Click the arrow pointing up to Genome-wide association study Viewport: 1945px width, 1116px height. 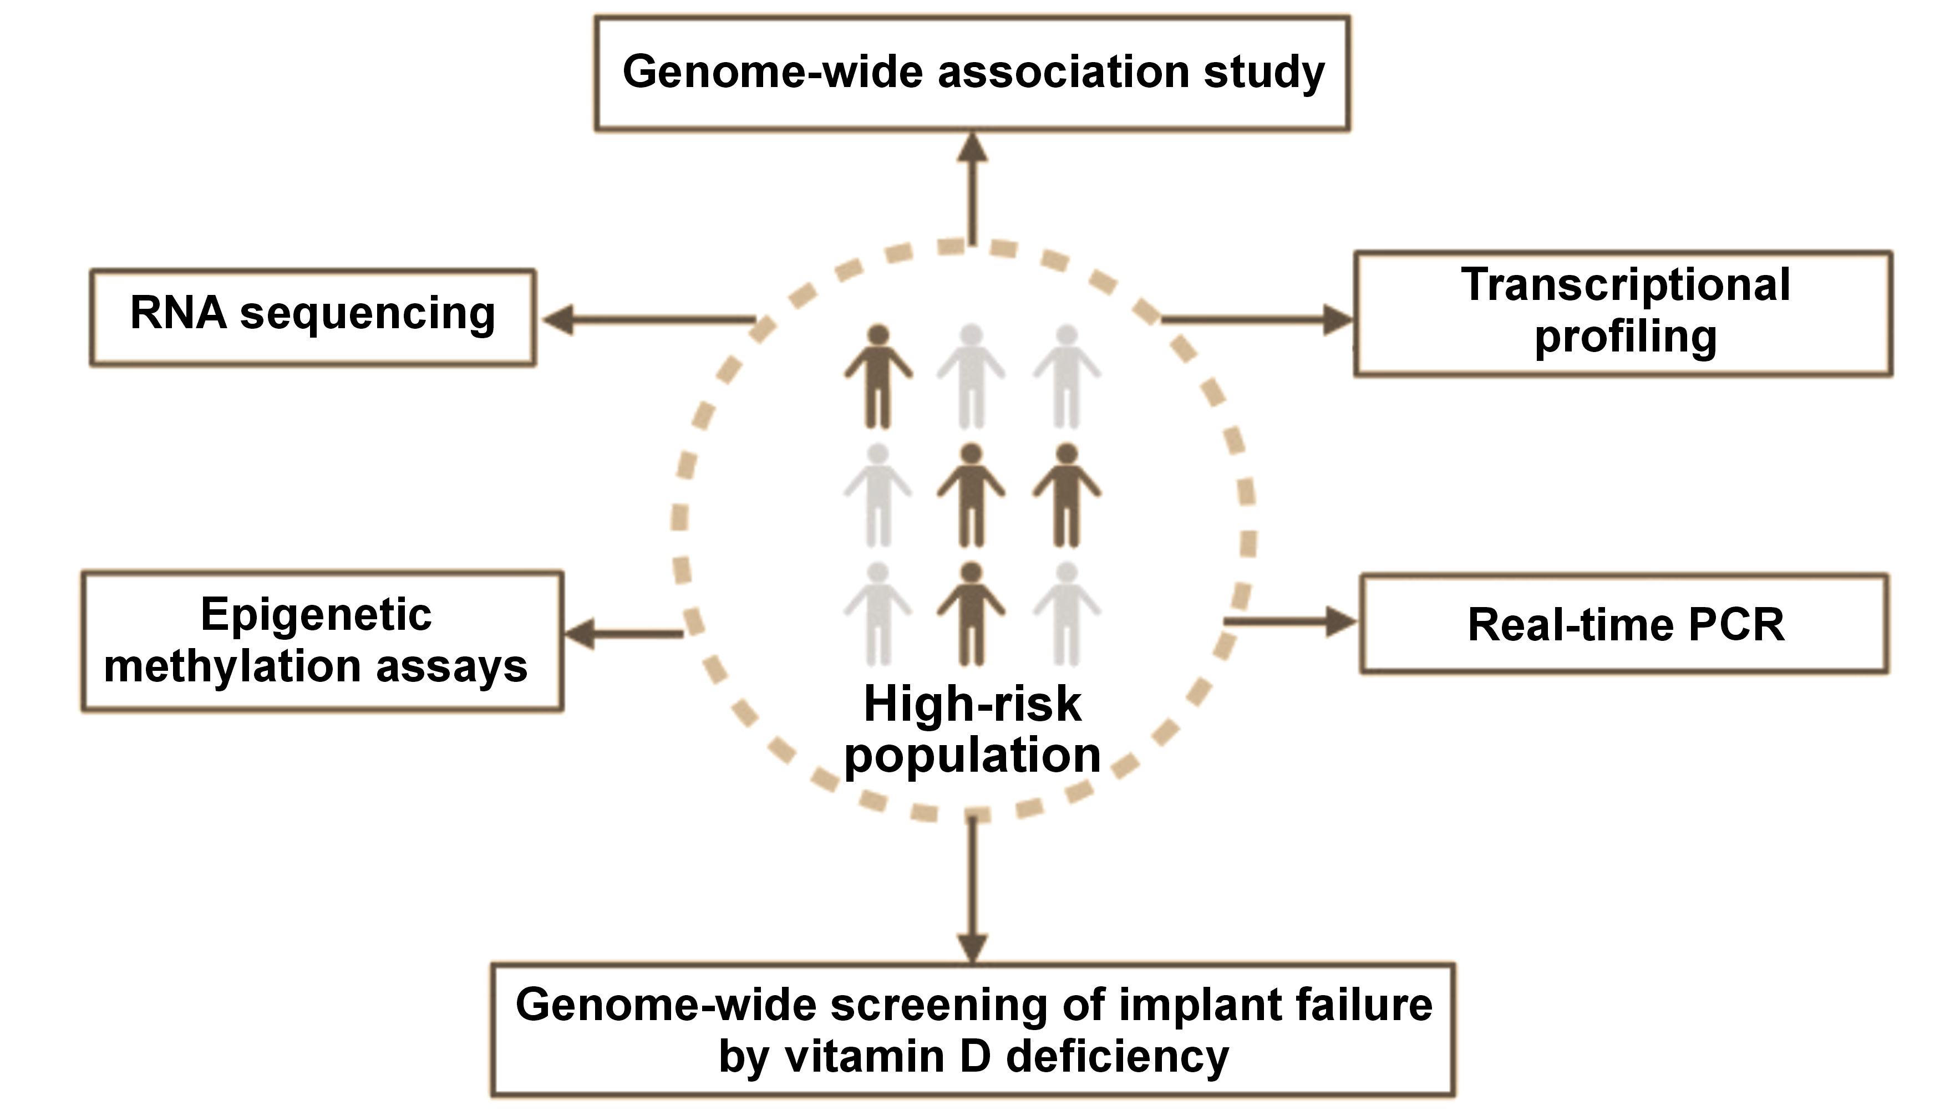click(972, 188)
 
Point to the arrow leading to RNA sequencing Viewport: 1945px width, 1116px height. click(648, 320)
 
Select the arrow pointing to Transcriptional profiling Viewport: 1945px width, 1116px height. click(1257, 320)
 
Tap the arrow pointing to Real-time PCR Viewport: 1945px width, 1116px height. click(1291, 621)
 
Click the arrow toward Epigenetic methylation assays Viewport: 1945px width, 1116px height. click(623, 634)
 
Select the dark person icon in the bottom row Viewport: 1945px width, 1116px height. click(971, 614)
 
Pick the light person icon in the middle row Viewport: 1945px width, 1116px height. click(878, 495)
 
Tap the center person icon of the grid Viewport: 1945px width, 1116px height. click(971, 495)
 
